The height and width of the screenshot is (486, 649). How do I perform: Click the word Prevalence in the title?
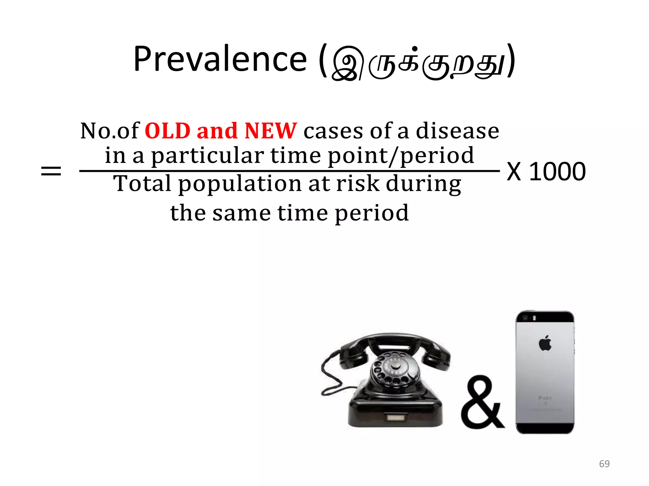pyautogui.click(x=220, y=59)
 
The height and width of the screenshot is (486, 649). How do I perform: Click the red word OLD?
pyautogui.click(x=167, y=131)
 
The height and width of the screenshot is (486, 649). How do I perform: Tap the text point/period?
pyautogui.click(x=401, y=156)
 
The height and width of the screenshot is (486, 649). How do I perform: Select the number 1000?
pyautogui.click(x=557, y=171)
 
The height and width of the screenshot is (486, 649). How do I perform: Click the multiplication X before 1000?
pyautogui.click(x=514, y=171)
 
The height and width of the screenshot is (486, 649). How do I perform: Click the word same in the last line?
pyautogui.click(x=241, y=213)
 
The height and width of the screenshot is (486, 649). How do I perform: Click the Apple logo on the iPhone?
pyautogui.click(x=545, y=343)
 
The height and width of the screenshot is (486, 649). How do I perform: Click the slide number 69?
pyautogui.click(x=604, y=464)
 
